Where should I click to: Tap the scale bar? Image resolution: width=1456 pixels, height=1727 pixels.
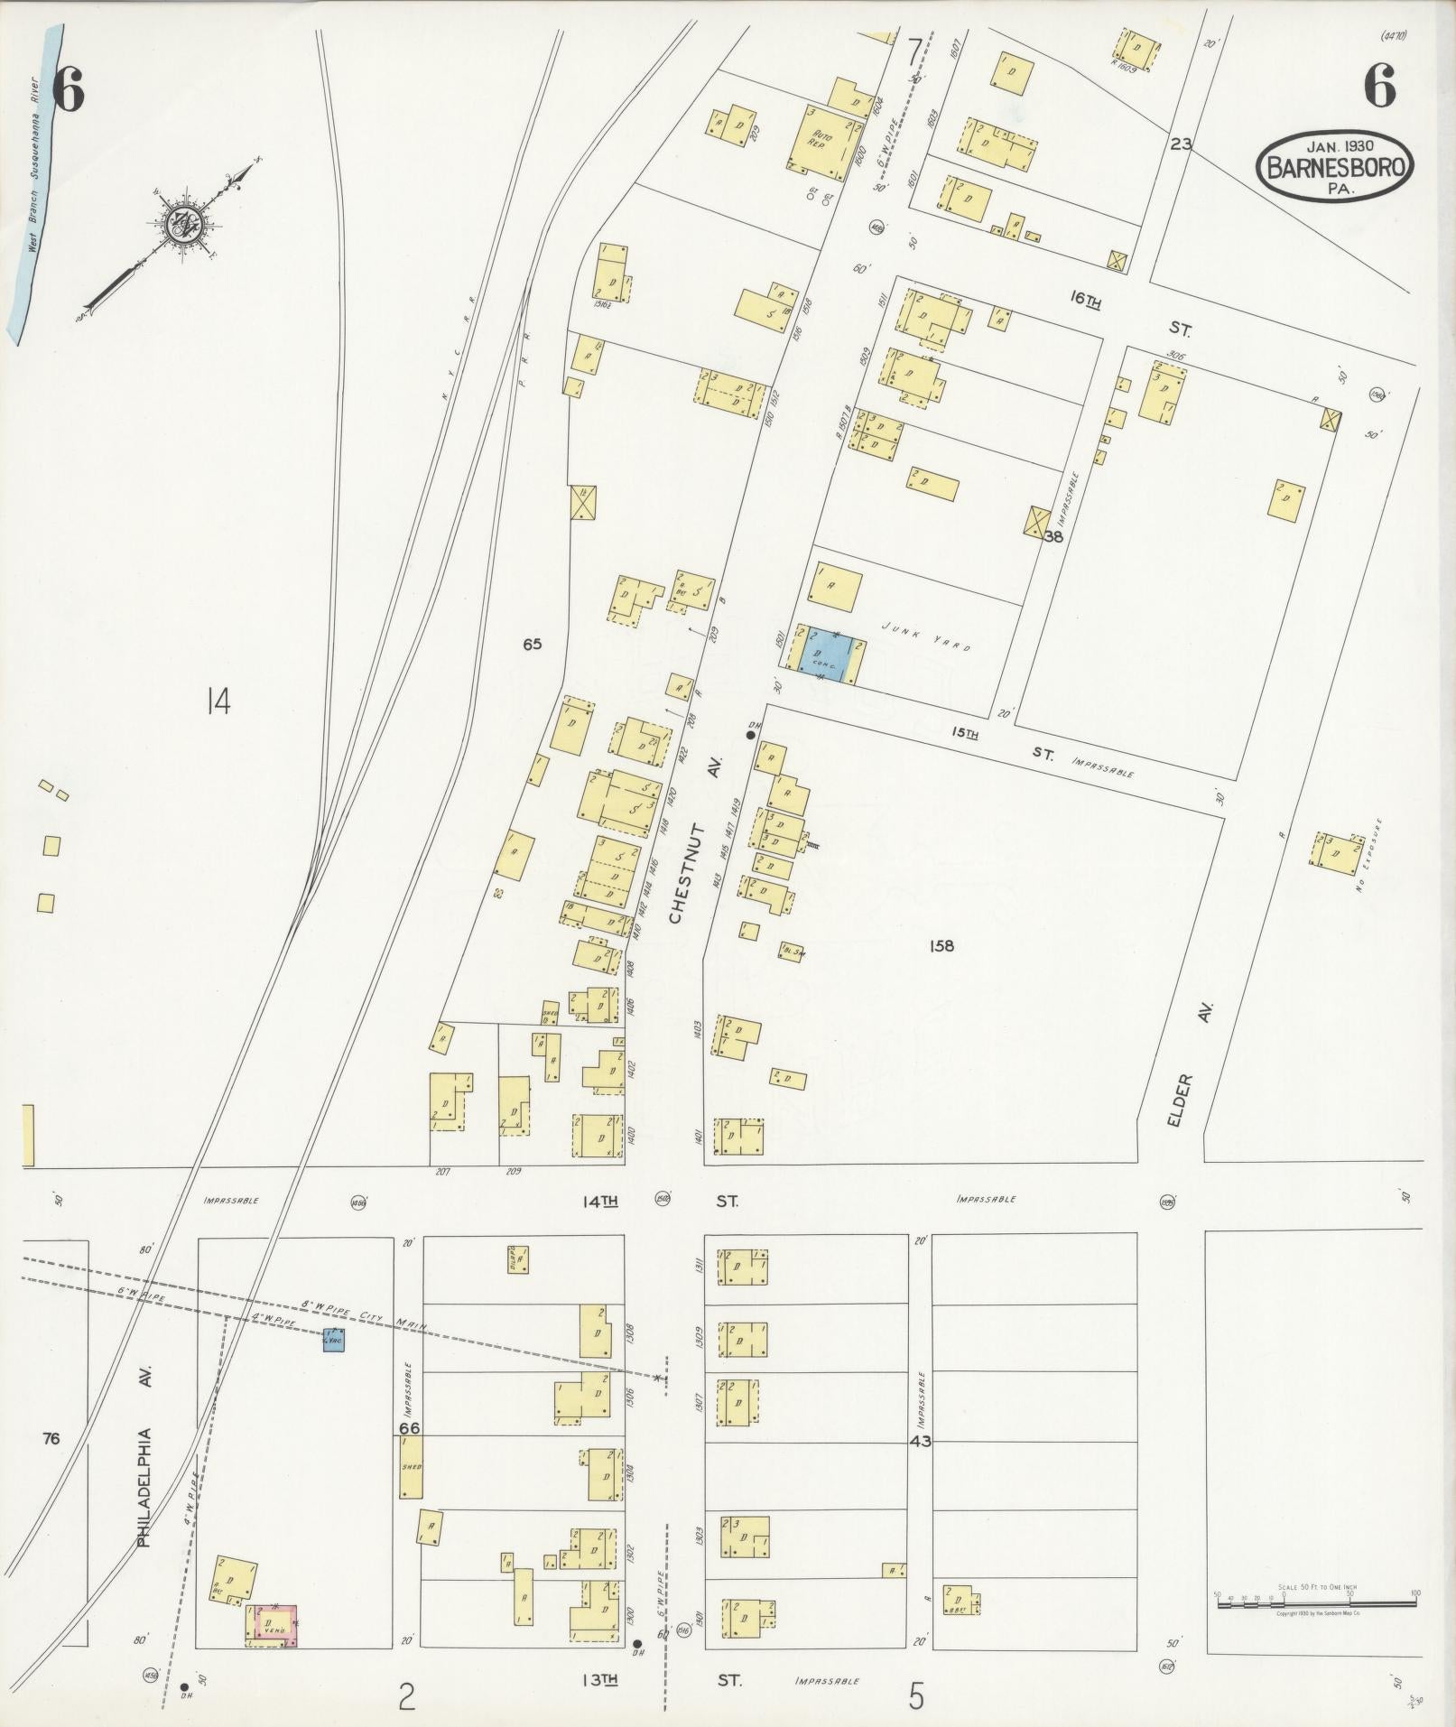coord(1317,1595)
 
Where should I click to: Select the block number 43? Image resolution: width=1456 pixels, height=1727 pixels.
coord(920,1442)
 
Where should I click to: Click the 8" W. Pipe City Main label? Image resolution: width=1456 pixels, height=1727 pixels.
coord(361,1314)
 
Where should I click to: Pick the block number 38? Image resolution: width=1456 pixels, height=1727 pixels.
coord(1053,536)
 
